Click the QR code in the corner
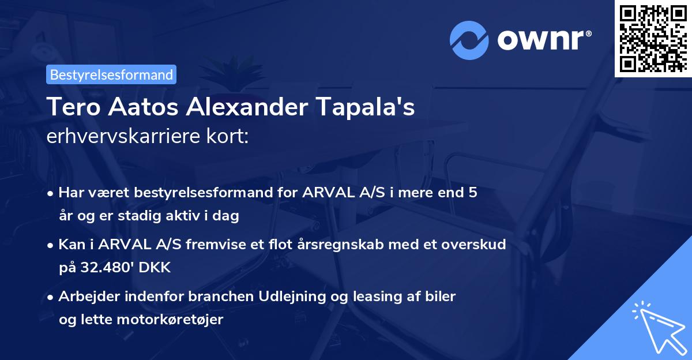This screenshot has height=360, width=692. coord(653,39)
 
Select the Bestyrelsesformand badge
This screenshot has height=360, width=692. coord(111,74)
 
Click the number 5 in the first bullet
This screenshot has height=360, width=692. coord(473,193)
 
